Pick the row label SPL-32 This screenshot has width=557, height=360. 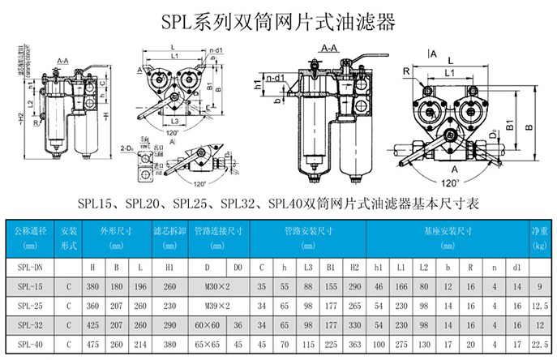tap(30, 328)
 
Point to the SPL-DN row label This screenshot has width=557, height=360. tap(30, 264)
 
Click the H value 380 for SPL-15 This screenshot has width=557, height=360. tap(93, 285)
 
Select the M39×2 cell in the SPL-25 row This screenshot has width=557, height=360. tap(216, 306)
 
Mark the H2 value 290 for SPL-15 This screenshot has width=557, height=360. tap(353, 285)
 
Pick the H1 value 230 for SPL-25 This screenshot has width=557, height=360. tap(169, 306)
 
